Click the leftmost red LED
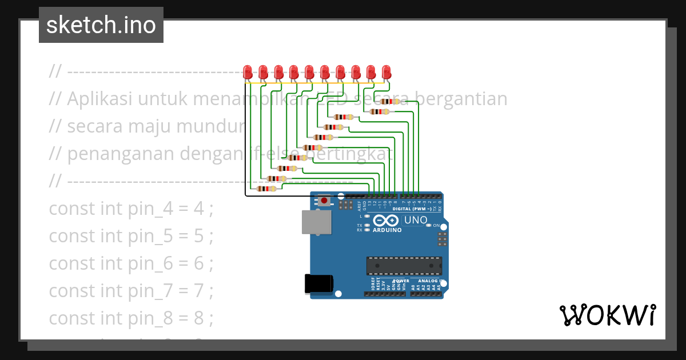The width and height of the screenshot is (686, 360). pos(248,72)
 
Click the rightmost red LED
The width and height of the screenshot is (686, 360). pos(386,72)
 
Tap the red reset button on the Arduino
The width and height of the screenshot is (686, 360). pos(324,201)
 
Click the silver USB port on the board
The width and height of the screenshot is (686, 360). pos(316,222)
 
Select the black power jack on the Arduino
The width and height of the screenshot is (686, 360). pos(319,283)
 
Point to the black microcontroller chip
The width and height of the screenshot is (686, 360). pos(404,266)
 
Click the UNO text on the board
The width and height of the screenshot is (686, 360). pos(416,220)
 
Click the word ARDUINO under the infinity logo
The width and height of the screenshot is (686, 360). pos(387,230)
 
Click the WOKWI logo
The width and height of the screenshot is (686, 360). pos(607,315)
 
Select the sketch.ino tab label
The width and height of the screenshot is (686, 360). pos(101,25)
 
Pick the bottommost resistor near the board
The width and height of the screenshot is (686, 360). pos(266,189)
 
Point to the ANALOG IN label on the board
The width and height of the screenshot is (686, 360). pos(429,281)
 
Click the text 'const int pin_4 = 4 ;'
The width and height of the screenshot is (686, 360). pos(131,209)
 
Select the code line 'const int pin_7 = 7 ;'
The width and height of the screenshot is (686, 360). pos(131,291)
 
